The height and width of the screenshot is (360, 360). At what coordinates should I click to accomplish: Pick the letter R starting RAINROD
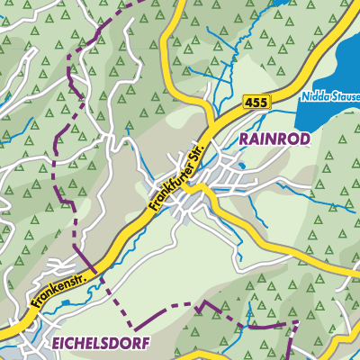pyautogui.click(x=244, y=139)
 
